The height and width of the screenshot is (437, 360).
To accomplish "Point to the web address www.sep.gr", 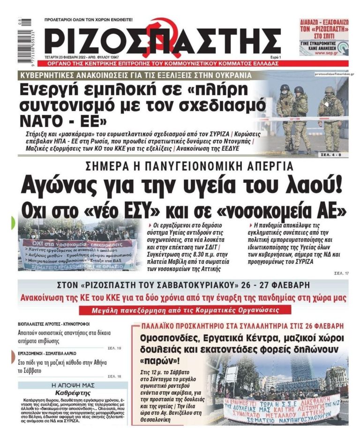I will coord(328,53).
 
